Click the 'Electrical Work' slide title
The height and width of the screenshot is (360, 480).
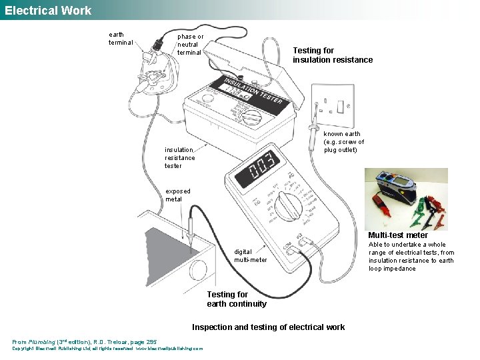48,10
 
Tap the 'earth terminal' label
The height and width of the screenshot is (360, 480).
121,39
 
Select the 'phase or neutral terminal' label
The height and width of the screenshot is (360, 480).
190,44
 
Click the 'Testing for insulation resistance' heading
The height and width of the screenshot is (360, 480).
333,55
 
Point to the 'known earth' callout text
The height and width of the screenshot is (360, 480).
343,141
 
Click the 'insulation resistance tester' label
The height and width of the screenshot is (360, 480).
180,157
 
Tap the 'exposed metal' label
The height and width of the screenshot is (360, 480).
178,195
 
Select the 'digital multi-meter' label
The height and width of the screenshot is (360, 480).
250,256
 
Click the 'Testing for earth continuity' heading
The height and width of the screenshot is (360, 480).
236,299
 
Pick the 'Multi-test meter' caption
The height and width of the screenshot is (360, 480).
398,235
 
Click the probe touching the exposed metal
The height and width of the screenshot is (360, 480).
191,227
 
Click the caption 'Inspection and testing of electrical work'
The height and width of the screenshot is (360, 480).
268,327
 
